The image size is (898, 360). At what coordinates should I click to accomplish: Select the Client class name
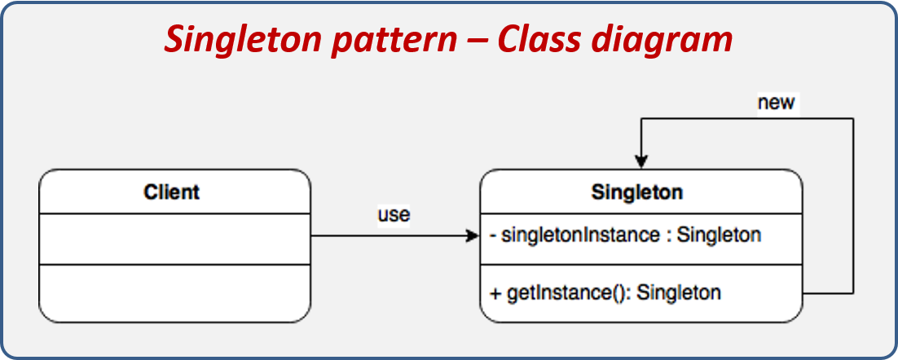172,192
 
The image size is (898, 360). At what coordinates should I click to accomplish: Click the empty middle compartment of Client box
174,239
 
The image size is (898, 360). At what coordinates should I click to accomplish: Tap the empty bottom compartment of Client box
174,292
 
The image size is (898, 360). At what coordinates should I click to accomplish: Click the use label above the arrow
394,215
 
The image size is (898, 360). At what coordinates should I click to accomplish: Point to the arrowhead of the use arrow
473,236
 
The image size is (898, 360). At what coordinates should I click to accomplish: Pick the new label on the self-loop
777,103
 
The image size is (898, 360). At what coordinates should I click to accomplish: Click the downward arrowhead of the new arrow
641,162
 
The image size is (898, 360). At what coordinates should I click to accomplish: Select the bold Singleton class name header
636,192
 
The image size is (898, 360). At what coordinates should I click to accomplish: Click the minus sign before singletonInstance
493,235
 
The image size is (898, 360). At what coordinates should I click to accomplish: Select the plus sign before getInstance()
494,292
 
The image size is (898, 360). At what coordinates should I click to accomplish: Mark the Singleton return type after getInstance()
678,292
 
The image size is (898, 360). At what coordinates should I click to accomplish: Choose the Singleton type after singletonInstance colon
719,235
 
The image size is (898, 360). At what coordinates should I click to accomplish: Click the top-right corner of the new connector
852,119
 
